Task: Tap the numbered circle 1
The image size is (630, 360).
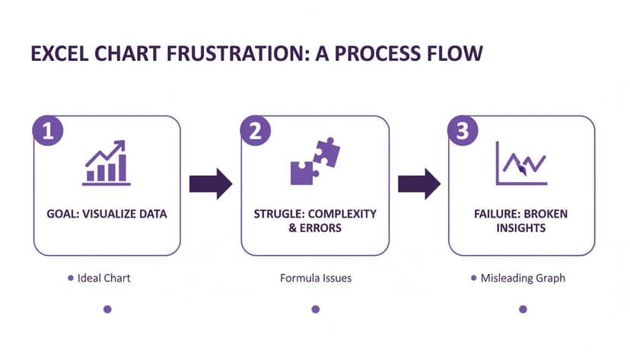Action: (x=47, y=130)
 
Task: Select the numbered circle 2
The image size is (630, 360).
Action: (x=255, y=130)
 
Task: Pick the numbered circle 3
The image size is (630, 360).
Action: (x=463, y=130)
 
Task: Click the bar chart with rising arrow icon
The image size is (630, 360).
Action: (x=107, y=163)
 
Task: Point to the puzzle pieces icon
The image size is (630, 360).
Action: (x=315, y=161)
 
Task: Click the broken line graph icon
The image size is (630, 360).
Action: (x=521, y=163)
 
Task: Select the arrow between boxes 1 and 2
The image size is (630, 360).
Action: (x=211, y=183)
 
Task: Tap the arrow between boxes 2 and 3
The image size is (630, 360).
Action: (x=418, y=183)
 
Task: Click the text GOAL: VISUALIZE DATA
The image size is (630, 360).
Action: (x=107, y=214)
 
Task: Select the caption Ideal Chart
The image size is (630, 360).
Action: (x=103, y=278)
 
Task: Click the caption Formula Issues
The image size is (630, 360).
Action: (x=316, y=278)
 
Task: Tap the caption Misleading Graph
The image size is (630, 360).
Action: (x=523, y=278)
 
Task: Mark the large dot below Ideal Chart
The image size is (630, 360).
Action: (x=107, y=309)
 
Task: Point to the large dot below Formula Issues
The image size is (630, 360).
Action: (x=316, y=309)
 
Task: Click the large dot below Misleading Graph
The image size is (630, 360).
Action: (x=523, y=309)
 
